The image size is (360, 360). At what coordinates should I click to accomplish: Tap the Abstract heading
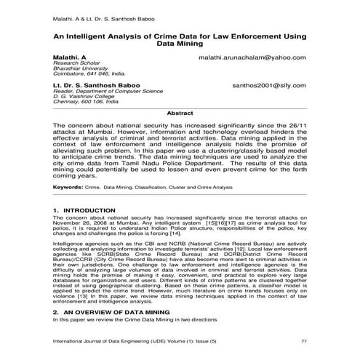point(180,113)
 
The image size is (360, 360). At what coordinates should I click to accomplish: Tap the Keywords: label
point(68,187)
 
